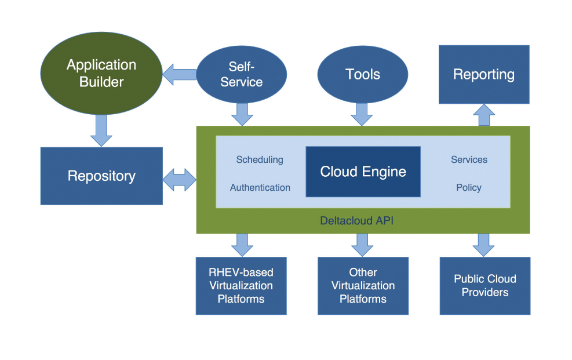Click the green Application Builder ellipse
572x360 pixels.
pyautogui.click(x=101, y=74)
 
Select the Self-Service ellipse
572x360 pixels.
pyautogui.click(x=242, y=75)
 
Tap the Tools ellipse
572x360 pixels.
pyautogui.click(x=363, y=74)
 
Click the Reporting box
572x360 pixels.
pyautogui.click(x=484, y=74)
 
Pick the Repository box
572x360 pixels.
pyautogui.click(x=101, y=176)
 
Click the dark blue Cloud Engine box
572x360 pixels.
pyautogui.click(x=363, y=172)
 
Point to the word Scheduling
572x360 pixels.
pyautogui.click(x=260, y=159)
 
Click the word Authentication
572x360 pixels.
pyautogui.click(x=260, y=187)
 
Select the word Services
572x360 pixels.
pyautogui.click(x=469, y=159)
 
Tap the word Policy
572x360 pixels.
pyautogui.click(x=469, y=187)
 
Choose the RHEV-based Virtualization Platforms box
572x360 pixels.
pyautogui.click(x=241, y=286)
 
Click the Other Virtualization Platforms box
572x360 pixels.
pyautogui.click(x=363, y=286)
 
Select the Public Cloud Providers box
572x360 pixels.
pyautogui.click(x=485, y=286)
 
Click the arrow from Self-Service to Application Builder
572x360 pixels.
pyautogui.click(x=179, y=74)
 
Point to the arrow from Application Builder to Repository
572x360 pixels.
pyautogui.click(x=101, y=130)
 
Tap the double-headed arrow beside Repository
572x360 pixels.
pyautogui.click(x=180, y=180)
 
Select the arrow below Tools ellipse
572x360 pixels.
pyautogui.click(x=362, y=114)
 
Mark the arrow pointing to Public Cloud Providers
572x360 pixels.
pyautogui.click(x=484, y=245)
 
